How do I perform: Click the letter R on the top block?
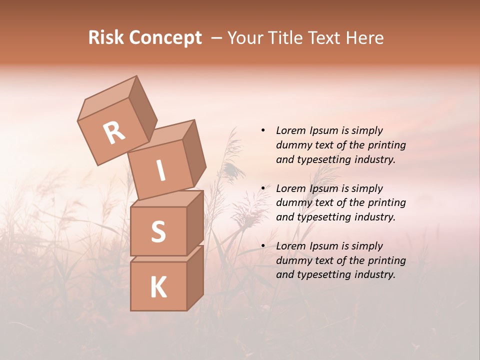pos(114,133)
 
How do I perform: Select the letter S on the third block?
pos(158,231)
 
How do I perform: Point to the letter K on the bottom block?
pos(158,287)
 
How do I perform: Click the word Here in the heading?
pos(366,38)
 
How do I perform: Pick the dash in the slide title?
pos(216,38)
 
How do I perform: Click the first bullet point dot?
pos(263,130)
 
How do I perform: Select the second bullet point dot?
pos(263,188)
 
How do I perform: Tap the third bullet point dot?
pos(263,246)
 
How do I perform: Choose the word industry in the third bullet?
pos(374,274)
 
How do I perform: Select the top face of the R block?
pos(108,97)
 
